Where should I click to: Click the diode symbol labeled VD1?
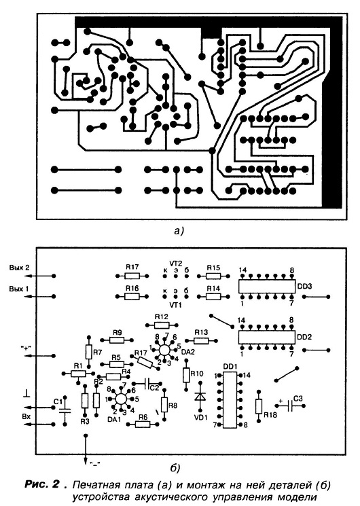200,397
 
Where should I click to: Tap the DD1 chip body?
230,400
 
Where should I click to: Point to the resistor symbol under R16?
132,296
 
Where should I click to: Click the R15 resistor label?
213,268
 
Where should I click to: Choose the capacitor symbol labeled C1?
65,410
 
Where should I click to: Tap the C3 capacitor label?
298,399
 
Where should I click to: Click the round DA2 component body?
164,350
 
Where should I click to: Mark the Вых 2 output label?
19,268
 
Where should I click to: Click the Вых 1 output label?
19,289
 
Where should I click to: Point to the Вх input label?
26,416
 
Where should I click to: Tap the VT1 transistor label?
175,304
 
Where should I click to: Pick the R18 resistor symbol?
259,407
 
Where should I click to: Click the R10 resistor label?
197,374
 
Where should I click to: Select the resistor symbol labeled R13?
202,340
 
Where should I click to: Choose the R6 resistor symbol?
143,424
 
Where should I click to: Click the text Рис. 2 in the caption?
42,485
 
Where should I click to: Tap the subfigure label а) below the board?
178,231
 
